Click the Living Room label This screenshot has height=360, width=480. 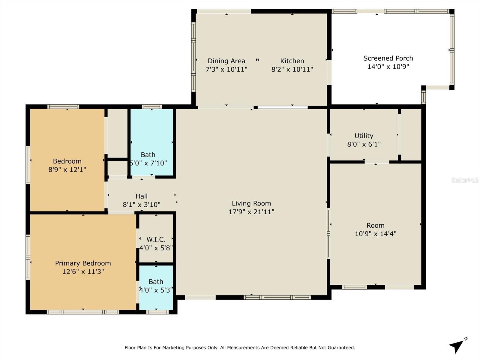tap(251, 203)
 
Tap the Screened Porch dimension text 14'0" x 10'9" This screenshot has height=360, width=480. tap(388, 67)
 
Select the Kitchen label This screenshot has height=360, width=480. tap(292, 61)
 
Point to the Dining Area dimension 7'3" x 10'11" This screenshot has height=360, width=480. tap(226, 69)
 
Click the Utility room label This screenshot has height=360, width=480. tap(364, 136)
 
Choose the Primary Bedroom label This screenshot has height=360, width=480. tap(83, 263)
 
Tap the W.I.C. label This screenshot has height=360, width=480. tap(156, 239)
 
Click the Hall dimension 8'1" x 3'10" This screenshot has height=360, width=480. tap(142, 205)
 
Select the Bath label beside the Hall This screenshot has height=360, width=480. tap(148, 155)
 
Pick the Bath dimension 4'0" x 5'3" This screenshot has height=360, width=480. tap(156, 290)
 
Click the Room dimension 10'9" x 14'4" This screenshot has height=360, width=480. tap(376, 234)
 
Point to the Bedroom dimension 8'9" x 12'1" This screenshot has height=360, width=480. tap(67, 169)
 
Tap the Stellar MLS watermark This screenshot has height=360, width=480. tap(465, 180)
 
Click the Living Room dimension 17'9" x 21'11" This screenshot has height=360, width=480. tap(251, 212)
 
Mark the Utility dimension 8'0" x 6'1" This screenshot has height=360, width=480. tap(364, 144)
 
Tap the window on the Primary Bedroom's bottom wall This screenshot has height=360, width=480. tap(83, 312)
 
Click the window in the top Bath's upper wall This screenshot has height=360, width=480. tap(152, 107)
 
